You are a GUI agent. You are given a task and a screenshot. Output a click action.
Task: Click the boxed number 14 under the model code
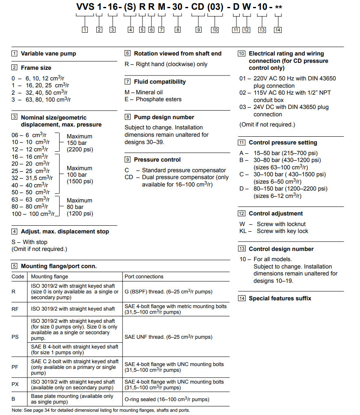tap(278, 30)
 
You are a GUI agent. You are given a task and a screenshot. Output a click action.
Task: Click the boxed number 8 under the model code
tap(178, 30)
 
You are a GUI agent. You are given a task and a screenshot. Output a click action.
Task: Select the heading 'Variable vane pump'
tap(48, 53)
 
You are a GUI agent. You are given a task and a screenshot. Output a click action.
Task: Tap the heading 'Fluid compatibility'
tap(160, 82)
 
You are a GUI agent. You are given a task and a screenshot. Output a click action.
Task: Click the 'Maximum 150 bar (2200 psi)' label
tap(80, 143)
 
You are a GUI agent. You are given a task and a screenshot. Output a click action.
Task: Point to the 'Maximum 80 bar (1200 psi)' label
tap(80, 207)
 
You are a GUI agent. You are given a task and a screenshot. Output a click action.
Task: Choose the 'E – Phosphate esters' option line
tap(153, 99)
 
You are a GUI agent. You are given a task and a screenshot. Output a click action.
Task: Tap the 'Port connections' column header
tap(144, 276)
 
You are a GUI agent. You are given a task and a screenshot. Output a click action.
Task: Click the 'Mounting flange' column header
tap(49, 276)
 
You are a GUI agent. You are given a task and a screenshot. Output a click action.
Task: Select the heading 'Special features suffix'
tap(280, 298)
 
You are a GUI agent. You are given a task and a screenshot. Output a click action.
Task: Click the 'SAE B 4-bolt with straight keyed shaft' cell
tap(75, 349)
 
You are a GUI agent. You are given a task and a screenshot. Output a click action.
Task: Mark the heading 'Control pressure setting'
tap(282, 142)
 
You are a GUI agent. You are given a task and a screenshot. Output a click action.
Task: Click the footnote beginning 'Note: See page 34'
tap(101, 410)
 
